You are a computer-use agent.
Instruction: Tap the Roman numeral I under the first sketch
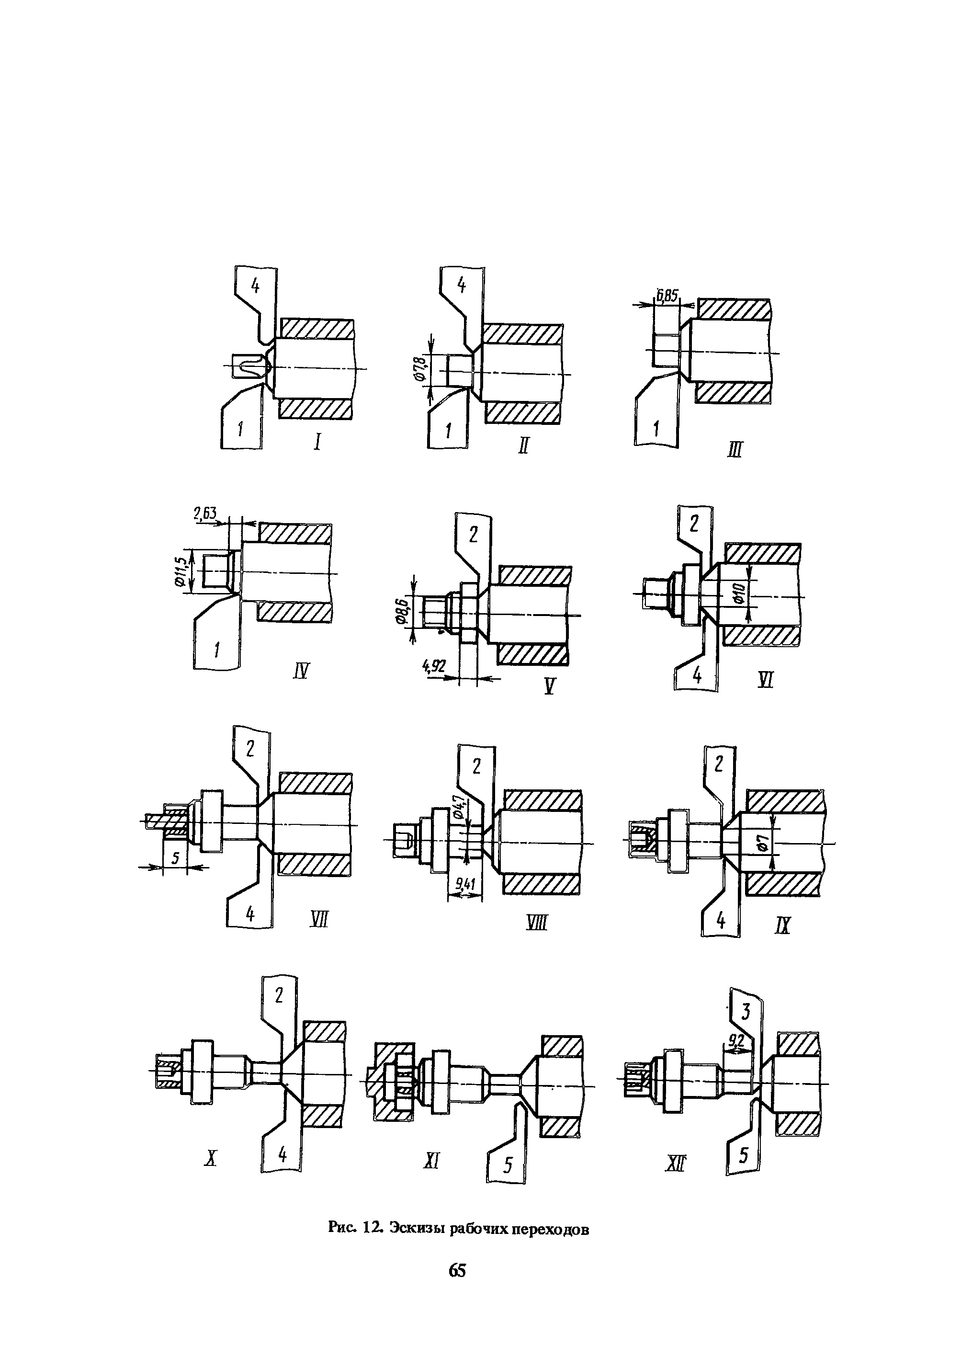pyautogui.click(x=318, y=442)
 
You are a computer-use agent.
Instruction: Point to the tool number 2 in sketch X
pyautogui.click(x=279, y=996)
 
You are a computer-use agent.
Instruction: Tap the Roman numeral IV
pyautogui.click(x=301, y=671)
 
